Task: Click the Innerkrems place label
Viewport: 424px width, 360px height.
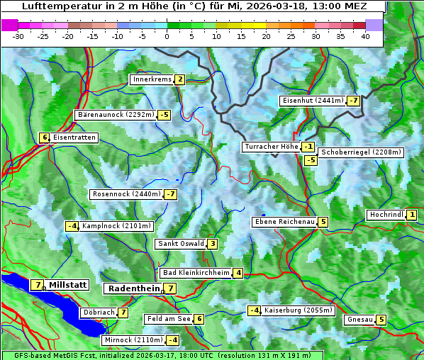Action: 152,79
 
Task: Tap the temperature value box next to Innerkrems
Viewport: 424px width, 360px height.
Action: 179,79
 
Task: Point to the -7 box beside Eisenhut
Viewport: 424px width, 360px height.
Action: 353,101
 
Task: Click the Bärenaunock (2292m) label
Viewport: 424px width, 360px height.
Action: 115,114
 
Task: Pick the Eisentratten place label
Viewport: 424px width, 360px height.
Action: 74,137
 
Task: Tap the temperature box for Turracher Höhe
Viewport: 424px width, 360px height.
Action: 308,147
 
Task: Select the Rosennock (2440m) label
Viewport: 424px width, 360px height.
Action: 126,194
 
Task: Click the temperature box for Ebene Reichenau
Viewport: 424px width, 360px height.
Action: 323,222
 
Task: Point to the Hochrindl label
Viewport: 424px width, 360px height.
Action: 386,215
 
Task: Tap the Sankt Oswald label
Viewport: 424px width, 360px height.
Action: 180,244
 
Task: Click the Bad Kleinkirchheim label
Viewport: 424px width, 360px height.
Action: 196,273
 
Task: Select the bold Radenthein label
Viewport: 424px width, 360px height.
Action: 133,288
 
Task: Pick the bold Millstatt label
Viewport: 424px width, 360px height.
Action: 68,285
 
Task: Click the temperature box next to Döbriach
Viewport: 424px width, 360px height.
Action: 123,313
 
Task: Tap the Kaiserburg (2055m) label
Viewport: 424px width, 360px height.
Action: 298,310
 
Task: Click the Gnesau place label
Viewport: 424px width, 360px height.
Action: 359,320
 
